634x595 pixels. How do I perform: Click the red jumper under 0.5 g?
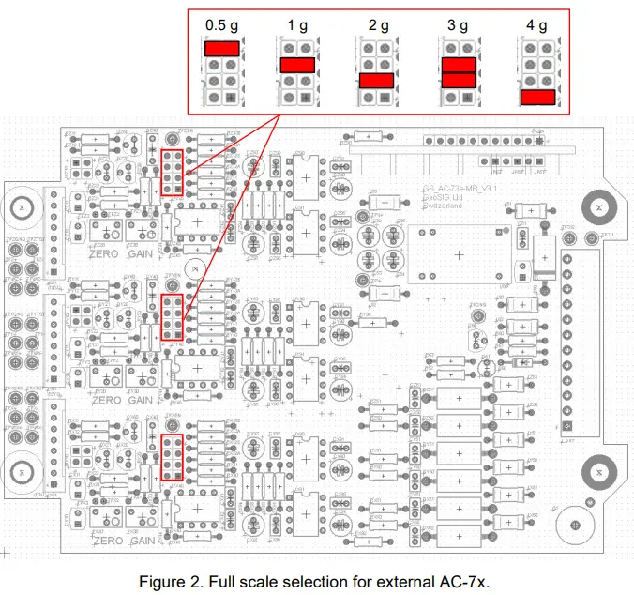tap(222, 47)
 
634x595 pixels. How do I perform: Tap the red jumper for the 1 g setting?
tap(296, 65)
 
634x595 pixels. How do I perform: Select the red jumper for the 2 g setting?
tap(376, 81)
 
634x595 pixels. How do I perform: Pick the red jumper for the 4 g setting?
tap(537, 97)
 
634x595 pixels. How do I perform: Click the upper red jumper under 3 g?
tap(458, 64)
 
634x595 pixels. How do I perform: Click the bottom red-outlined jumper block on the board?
tap(172, 457)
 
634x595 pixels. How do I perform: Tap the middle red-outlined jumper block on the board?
tap(172, 316)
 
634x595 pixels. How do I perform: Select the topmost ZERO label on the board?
tap(104, 253)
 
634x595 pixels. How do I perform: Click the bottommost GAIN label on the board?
tap(143, 542)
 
